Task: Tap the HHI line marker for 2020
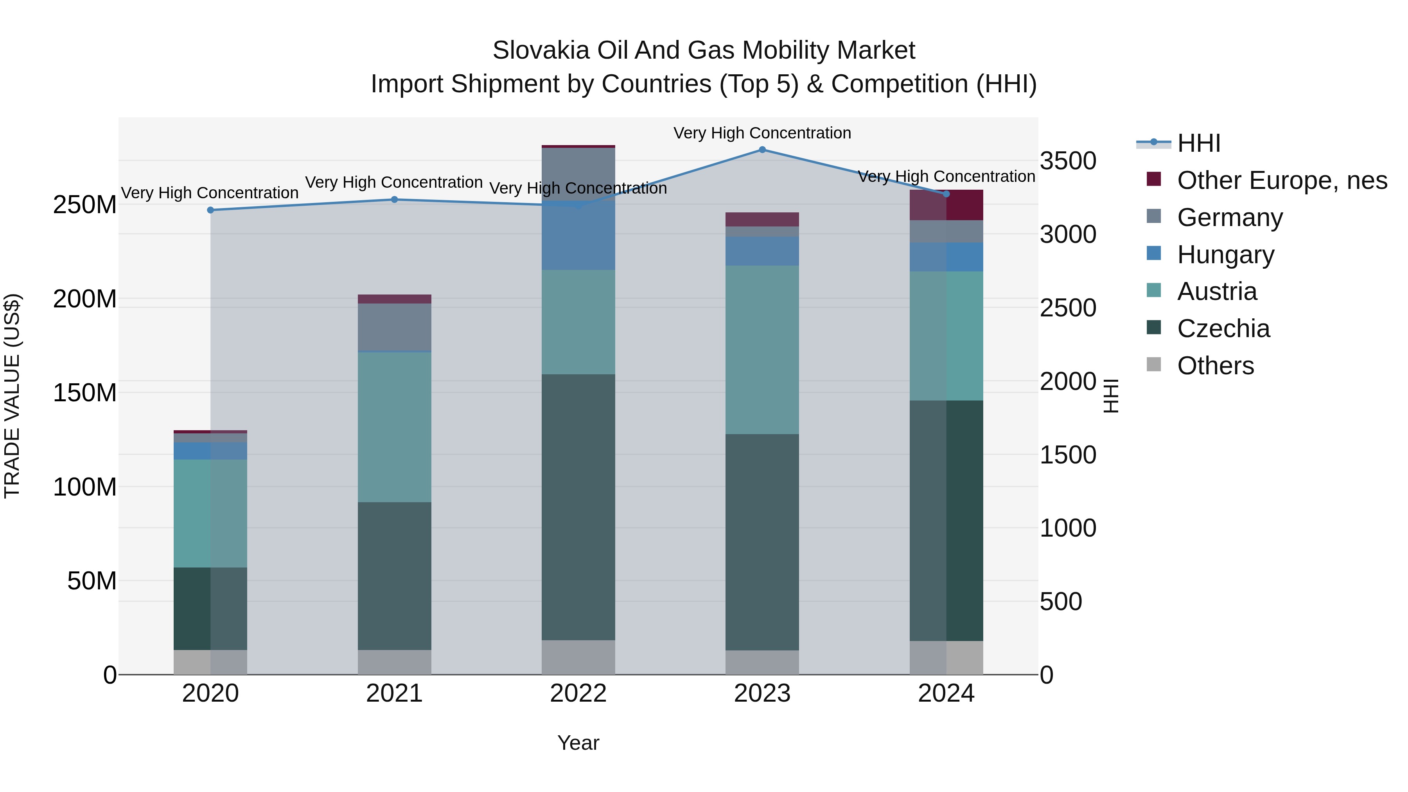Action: (210, 210)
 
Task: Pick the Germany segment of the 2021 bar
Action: (394, 327)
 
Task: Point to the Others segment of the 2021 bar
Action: (394, 662)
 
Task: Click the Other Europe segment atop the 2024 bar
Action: (946, 205)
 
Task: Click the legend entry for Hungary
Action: (1225, 255)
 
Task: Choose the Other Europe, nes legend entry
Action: (1282, 180)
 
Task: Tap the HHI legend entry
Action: (1199, 143)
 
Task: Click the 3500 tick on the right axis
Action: (1067, 161)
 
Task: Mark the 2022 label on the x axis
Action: (578, 693)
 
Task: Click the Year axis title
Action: (578, 743)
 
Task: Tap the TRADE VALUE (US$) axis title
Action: (12, 396)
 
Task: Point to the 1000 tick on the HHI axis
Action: (1067, 528)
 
